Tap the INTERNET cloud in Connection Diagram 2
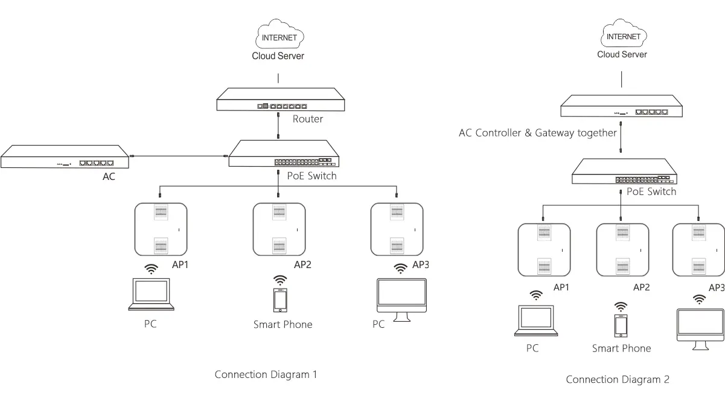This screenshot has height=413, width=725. tap(623, 36)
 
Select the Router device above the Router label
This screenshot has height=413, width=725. tap(281, 100)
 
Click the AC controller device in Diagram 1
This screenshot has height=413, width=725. tap(66, 156)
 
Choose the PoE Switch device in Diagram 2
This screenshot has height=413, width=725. tap(624, 171)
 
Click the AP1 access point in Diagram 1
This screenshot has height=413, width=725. tap(161, 229)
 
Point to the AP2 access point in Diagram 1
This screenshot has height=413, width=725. tap(279, 229)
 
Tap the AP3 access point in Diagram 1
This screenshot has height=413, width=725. tap(397, 229)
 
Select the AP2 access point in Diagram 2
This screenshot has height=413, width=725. tap(622, 250)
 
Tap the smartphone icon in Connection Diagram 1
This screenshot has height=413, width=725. tap(280, 300)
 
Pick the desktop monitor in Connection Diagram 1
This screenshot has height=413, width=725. tap(401, 299)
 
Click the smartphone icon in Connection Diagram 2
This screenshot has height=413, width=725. tap(621, 325)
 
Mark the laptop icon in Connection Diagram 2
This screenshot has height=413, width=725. tap(536, 321)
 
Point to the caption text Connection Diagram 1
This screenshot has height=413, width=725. tap(266, 374)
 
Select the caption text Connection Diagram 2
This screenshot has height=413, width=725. tap(618, 379)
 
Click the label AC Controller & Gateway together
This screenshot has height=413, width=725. tap(538, 133)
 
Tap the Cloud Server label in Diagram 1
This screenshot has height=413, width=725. tap(278, 56)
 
